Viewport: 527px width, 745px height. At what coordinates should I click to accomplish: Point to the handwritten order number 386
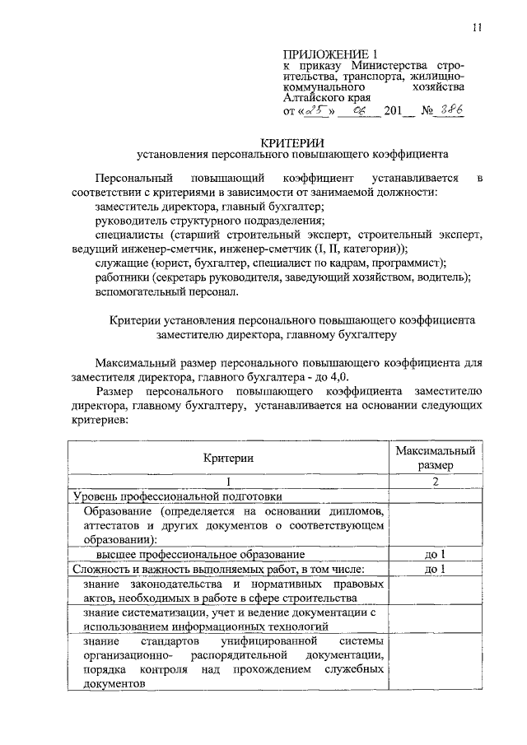(450, 110)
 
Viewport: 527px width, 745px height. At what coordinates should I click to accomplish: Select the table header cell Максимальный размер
(434, 458)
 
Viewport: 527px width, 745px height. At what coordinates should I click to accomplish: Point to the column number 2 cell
(434, 482)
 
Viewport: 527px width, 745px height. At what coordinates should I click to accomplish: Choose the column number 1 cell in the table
(229, 482)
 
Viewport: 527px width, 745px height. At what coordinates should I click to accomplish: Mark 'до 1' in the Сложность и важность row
(434, 568)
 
